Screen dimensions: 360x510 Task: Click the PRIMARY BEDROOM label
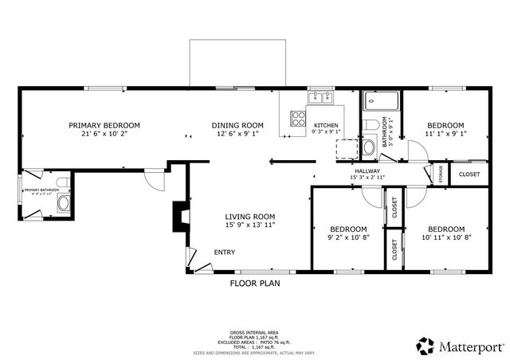pyautogui.click(x=104, y=125)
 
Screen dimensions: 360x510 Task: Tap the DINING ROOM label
pyautogui.click(x=237, y=125)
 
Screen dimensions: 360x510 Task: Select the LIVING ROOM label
pyautogui.click(x=249, y=217)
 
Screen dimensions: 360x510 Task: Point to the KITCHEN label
pyautogui.click(x=326, y=126)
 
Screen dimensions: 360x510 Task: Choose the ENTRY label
pyautogui.click(x=225, y=252)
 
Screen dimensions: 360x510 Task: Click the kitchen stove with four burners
pyautogui.click(x=300, y=119)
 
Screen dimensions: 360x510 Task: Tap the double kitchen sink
pyautogui.click(x=320, y=98)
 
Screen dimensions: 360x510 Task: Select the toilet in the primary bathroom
pyautogui.click(x=64, y=204)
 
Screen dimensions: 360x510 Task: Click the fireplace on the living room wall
pyautogui.click(x=180, y=215)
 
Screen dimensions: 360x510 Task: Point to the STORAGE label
pyautogui.click(x=441, y=173)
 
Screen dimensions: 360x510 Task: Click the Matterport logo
pyautogui.click(x=461, y=346)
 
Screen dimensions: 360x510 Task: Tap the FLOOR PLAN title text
pyautogui.click(x=255, y=283)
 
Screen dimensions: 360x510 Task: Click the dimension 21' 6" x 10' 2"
pyautogui.click(x=104, y=135)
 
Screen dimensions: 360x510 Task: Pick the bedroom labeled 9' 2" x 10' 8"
pyautogui.click(x=348, y=233)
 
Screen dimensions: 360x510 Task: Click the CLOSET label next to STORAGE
pyautogui.click(x=469, y=174)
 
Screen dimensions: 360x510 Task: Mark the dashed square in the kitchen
pyautogui.click(x=347, y=149)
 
